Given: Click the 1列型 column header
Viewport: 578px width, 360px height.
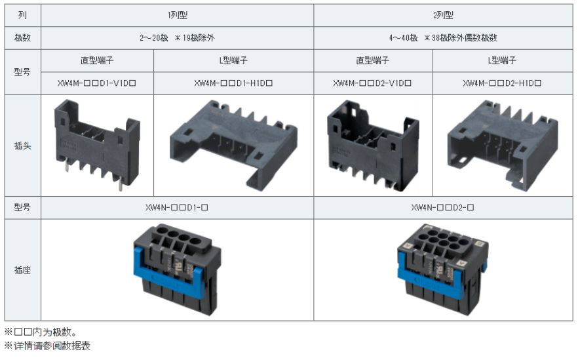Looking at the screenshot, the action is coord(178,15).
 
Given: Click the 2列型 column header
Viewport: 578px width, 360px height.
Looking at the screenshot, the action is coord(443,15).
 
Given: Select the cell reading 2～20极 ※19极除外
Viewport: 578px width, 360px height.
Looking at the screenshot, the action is coord(177,37).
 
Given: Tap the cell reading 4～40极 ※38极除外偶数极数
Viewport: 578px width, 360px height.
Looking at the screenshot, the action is coord(443,37).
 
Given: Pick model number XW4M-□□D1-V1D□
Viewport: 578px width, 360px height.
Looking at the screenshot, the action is coord(96,83).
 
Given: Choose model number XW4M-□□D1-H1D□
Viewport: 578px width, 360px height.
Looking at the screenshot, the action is coord(233,83).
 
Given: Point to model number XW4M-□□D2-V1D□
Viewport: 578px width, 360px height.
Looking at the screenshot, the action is coord(372,83).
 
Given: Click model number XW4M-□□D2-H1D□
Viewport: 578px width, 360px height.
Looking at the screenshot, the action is coord(502,83).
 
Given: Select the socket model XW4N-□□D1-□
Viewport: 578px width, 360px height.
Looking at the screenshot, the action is coord(176,207).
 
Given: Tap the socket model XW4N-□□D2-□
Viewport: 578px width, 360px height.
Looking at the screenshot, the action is coord(443,207).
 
